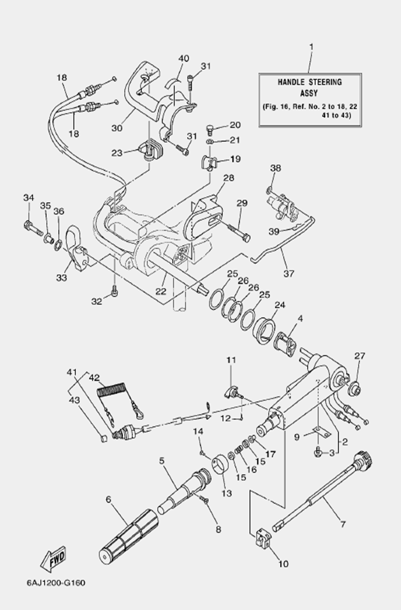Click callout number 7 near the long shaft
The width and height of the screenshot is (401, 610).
343,525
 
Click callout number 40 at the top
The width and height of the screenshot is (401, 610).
183,59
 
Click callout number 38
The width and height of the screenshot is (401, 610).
275,168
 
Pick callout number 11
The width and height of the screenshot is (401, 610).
231,360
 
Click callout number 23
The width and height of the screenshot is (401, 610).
116,153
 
